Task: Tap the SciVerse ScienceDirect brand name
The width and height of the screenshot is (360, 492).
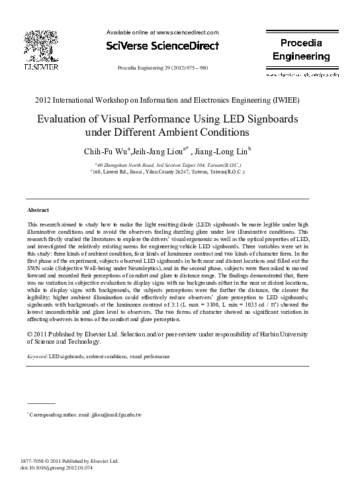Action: click(162, 46)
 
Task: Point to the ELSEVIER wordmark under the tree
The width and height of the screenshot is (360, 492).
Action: click(41, 68)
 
